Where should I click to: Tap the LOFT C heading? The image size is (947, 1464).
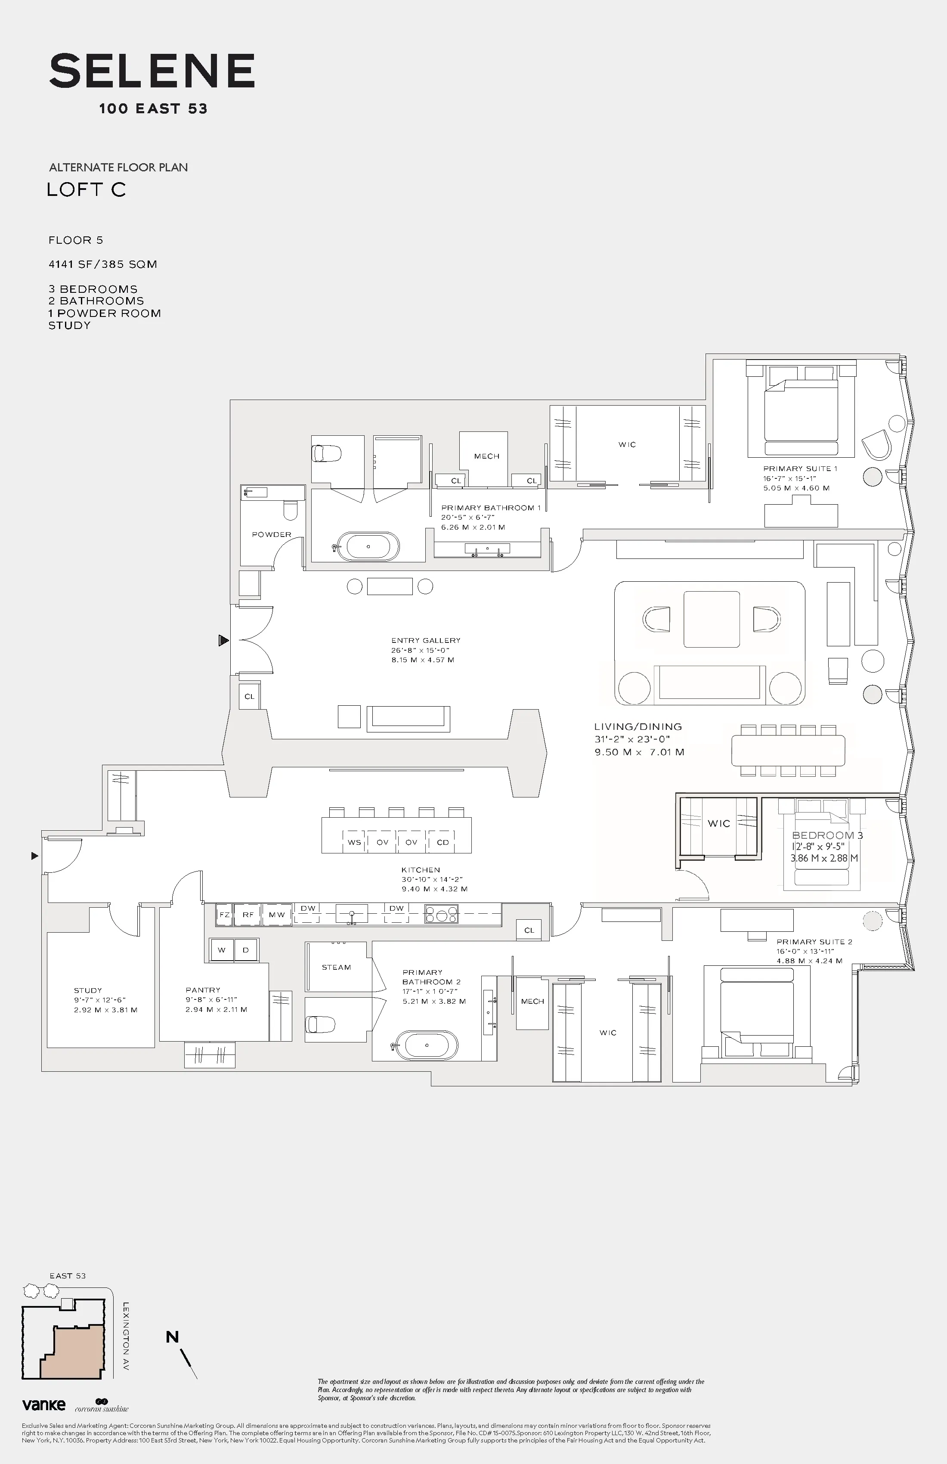[x=86, y=189]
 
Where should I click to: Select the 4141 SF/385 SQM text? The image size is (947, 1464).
[x=103, y=264]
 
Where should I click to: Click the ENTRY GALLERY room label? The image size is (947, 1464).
[x=426, y=640]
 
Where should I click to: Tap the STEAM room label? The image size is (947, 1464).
[x=336, y=967]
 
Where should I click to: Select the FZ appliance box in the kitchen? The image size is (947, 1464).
[x=224, y=915]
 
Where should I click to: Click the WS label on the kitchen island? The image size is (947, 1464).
[x=354, y=842]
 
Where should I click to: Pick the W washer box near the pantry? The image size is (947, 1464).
[x=221, y=950]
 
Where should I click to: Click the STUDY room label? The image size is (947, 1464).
[x=88, y=990]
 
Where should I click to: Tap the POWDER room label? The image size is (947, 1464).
[x=271, y=534]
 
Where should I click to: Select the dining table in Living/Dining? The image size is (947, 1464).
[x=788, y=751]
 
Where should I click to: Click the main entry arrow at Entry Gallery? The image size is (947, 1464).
[x=223, y=641]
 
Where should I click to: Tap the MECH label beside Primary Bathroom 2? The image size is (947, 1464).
[x=532, y=1002]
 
